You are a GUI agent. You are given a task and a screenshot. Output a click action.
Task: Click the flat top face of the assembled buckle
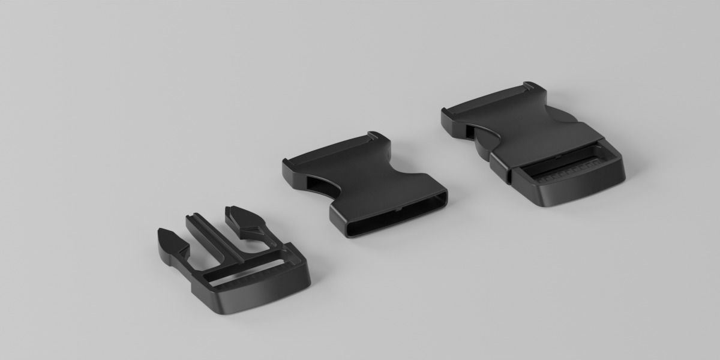click(x=528, y=132)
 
